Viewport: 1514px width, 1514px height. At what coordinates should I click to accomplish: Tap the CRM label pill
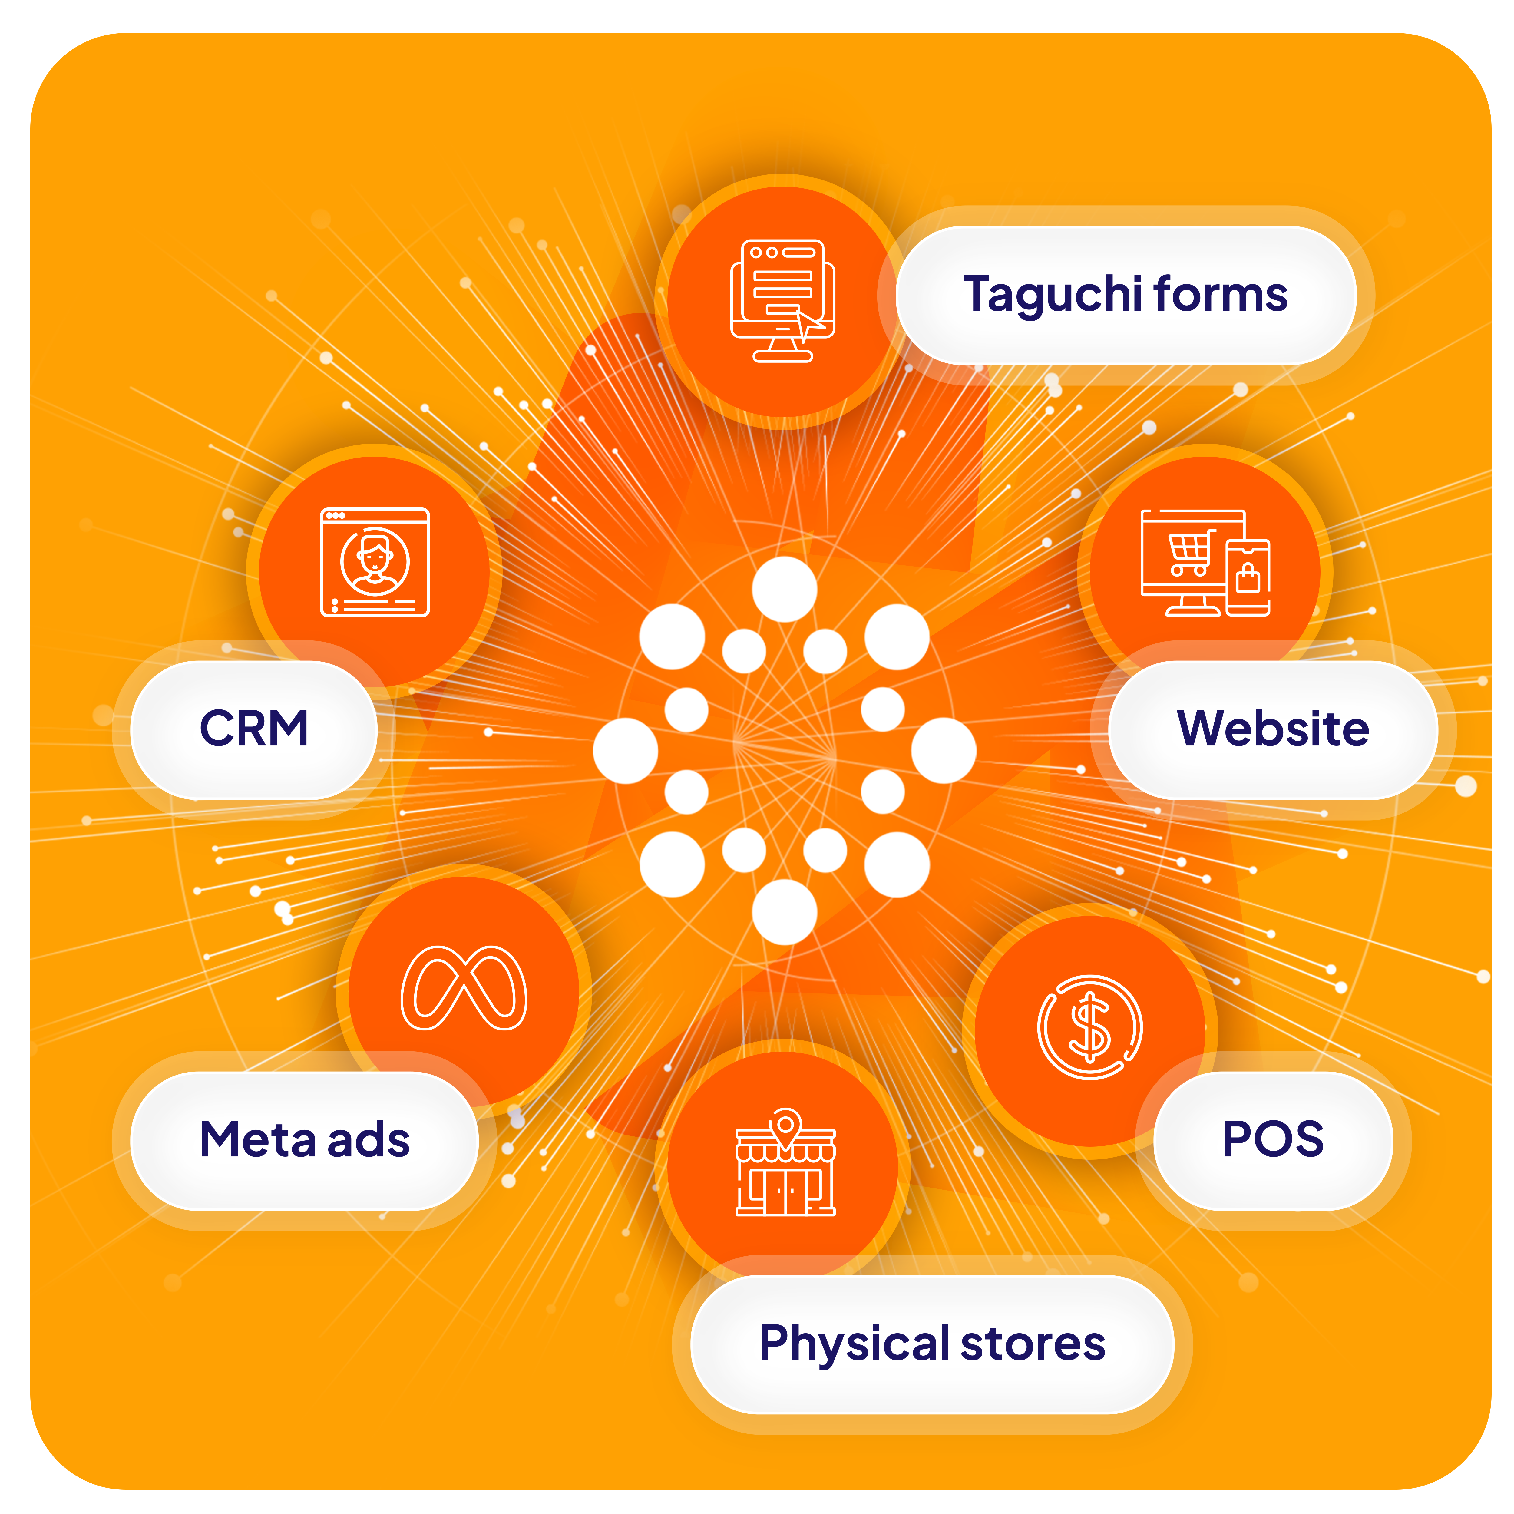[x=254, y=729]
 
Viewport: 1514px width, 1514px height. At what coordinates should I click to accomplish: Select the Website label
[x=1273, y=729]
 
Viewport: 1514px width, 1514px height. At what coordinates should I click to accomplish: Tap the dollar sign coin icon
[x=1090, y=1026]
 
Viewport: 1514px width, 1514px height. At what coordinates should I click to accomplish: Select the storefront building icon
[x=785, y=1172]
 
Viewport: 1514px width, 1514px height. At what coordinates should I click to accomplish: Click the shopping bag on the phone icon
[x=1248, y=580]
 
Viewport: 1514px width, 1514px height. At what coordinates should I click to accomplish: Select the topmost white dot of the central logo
[x=785, y=589]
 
